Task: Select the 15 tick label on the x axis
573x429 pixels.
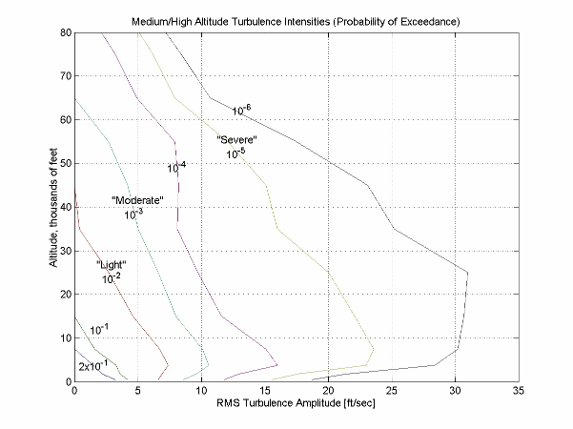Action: point(264,391)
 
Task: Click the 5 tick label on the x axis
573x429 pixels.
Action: point(137,391)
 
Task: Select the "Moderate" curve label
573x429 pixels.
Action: point(138,200)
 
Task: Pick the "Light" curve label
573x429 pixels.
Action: point(111,264)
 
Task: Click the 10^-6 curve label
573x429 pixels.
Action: point(241,111)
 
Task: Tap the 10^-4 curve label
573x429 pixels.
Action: point(176,168)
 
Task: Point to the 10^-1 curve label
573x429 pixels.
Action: point(99,330)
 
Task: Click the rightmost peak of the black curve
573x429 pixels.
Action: point(468,273)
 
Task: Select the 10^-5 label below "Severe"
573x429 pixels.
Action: point(235,153)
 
